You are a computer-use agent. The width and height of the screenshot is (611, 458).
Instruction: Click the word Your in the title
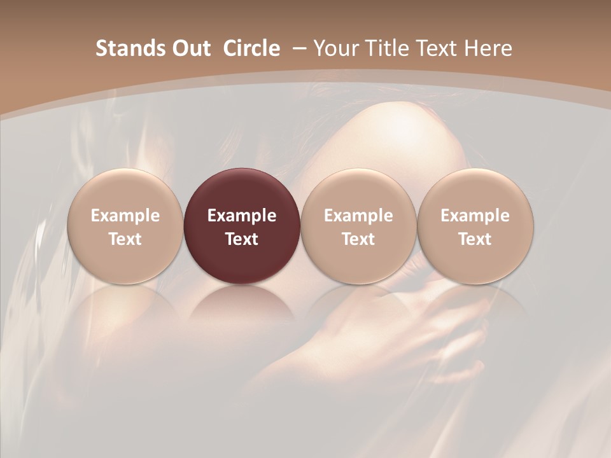[334, 48]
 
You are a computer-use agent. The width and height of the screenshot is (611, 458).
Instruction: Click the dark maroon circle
[242, 226]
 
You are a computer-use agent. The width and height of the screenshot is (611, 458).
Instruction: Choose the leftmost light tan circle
[125, 226]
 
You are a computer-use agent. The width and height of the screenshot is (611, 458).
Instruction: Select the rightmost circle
[475, 226]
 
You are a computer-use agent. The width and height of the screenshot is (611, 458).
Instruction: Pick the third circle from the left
[358, 226]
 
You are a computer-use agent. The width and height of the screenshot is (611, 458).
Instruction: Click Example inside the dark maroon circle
[242, 216]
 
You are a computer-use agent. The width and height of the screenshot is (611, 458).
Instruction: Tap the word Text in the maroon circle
[242, 239]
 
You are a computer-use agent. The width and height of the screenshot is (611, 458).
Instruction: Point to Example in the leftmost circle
[125, 216]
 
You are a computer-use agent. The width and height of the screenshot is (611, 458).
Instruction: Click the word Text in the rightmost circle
[475, 239]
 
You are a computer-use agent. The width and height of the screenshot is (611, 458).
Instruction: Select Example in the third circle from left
[358, 216]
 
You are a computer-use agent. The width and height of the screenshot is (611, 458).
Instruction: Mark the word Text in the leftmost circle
[125, 239]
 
